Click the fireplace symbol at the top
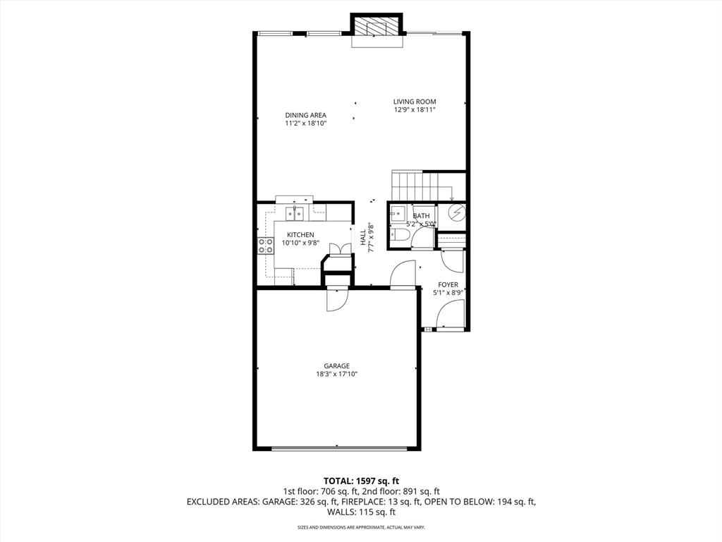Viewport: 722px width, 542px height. [377, 28]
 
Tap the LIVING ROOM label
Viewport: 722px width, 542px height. [415, 102]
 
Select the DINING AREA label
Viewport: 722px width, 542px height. [305, 115]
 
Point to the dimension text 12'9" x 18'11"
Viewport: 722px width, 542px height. [415, 110]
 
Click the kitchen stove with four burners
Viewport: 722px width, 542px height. [266, 245]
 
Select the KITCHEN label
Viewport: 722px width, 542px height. [300, 235]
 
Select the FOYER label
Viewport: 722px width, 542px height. [448, 285]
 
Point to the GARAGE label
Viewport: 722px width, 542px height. [337, 366]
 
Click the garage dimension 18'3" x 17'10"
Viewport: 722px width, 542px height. [337, 374]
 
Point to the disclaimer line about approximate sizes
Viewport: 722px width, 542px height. [361, 527]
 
